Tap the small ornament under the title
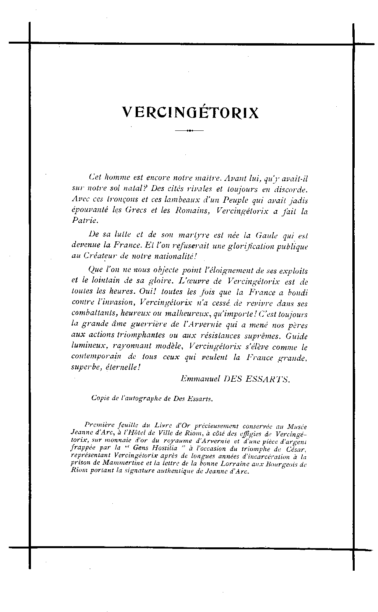[x=189, y=131]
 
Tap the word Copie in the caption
[x=99, y=398]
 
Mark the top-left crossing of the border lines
[x=29, y=43]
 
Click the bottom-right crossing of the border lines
[x=353, y=550]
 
